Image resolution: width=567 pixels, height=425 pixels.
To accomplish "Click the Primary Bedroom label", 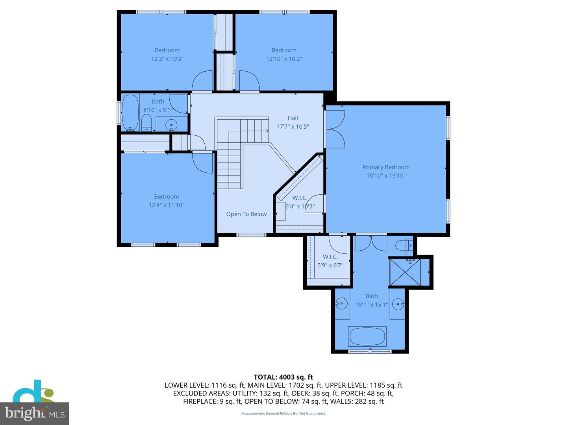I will pos(386,167).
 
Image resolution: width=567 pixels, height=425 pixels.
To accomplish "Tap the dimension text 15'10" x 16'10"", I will pos(386,176).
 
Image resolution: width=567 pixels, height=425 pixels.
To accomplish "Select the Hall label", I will pos(293,118).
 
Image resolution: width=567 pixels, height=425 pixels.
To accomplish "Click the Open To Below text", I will pos(246,214).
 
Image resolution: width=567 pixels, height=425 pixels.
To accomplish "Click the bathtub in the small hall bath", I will pos(130,113).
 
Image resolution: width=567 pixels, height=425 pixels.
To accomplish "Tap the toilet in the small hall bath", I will pos(146,123).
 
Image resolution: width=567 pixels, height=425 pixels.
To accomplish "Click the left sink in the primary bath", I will pos(341,303).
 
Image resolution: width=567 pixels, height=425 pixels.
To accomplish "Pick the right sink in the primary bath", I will pos(398,304).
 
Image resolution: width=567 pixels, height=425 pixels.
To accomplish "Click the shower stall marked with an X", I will pos(404,272).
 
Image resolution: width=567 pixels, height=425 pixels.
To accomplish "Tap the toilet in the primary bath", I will pos(404,245).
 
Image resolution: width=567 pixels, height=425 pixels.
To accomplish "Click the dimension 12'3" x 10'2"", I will pos(167,59).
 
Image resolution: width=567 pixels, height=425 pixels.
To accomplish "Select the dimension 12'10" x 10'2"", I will pos(284,59).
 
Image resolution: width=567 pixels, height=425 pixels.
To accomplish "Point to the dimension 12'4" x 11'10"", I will pos(167,205).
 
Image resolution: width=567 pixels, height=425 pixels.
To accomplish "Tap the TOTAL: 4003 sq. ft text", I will pos(283,377).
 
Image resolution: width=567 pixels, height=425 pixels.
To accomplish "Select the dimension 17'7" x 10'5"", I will pos(293,127).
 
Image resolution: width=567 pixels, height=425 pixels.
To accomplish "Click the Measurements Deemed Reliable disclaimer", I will pos(283,414).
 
